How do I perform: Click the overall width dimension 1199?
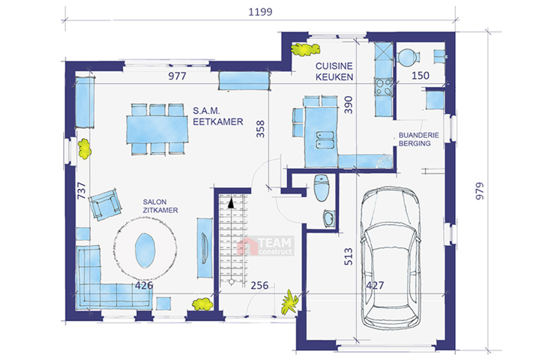(260, 12)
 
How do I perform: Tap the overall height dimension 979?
(479, 190)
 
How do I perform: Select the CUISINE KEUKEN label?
(334, 71)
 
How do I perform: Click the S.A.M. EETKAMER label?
(217, 116)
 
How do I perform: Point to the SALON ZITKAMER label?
(160, 206)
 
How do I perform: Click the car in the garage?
(391, 258)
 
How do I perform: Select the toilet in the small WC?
(322, 188)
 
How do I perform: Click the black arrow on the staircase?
(231, 202)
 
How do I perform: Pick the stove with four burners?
(383, 87)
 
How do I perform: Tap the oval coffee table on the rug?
(145, 250)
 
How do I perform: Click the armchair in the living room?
(105, 204)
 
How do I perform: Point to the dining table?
(157, 129)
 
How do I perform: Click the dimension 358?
(260, 129)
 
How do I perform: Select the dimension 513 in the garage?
(348, 256)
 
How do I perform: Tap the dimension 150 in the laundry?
(421, 76)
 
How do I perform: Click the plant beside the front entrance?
(290, 302)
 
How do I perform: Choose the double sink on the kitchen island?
(325, 140)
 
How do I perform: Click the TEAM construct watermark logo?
(265, 246)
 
